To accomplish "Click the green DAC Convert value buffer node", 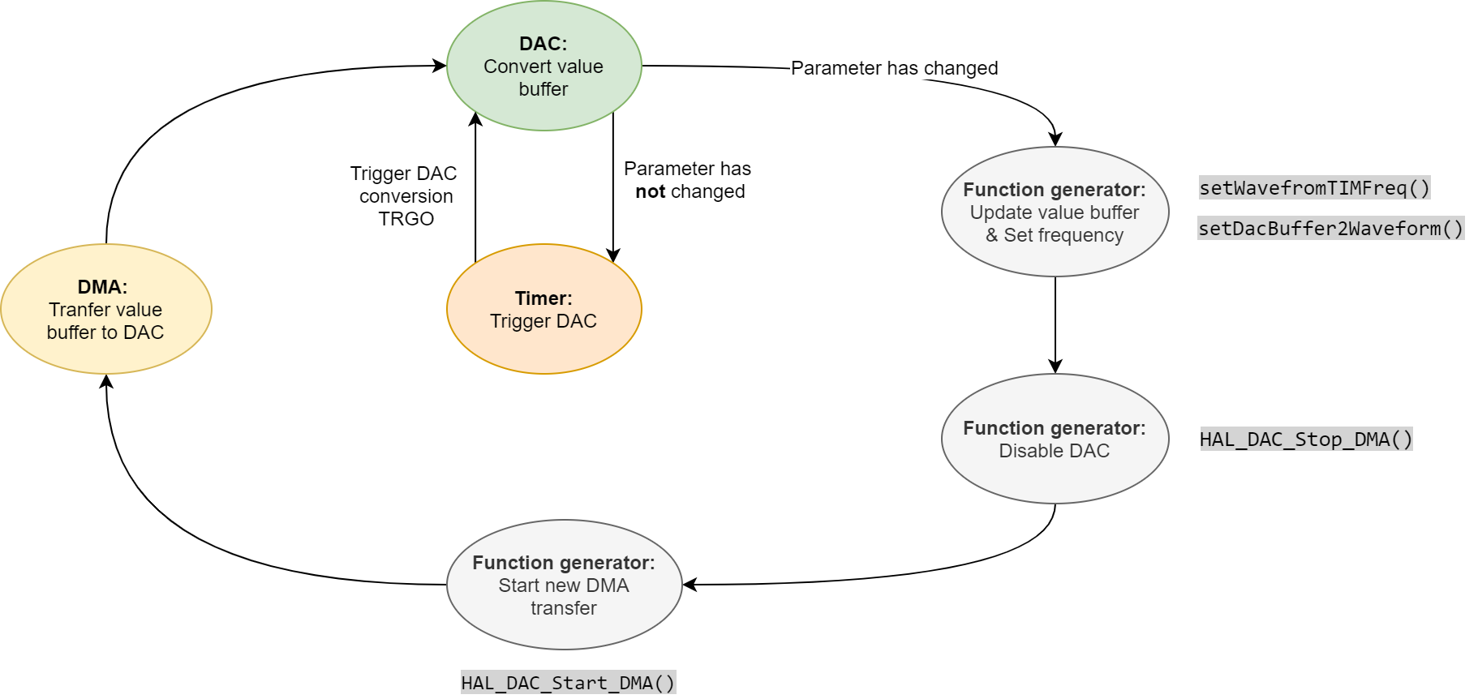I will point(544,66).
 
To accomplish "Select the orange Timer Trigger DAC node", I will point(544,309).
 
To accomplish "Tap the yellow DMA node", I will point(105,309).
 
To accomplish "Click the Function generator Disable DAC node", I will point(1055,439).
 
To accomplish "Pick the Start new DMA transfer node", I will point(564,585).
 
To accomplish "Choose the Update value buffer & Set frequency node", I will point(1055,212).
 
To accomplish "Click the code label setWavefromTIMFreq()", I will point(1314,188).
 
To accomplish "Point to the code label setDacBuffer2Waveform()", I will point(1330,229).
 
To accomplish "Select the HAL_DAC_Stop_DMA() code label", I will point(1306,440).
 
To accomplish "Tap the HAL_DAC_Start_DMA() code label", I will point(568,683).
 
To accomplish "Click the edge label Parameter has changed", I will point(894,68).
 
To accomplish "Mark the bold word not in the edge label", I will point(650,192).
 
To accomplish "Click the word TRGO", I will point(406,219).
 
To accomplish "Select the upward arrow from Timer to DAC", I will point(475,187).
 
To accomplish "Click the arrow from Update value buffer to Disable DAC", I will point(1055,324).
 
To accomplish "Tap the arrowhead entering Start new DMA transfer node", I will point(690,584).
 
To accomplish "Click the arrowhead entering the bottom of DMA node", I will point(106,381).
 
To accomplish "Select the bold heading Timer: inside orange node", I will point(544,298).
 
